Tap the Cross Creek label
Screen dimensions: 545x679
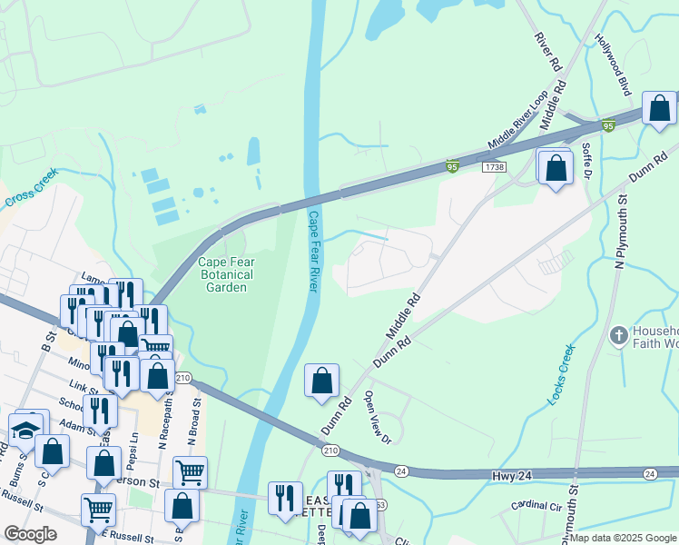click(32, 187)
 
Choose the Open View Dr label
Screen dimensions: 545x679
click(377, 417)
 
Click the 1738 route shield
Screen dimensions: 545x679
click(495, 167)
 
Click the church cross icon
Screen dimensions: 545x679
click(618, 336)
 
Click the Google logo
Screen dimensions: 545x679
click(30, 534)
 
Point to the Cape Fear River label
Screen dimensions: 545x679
click(313, 252)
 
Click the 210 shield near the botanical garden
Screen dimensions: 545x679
click(182, 378)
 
